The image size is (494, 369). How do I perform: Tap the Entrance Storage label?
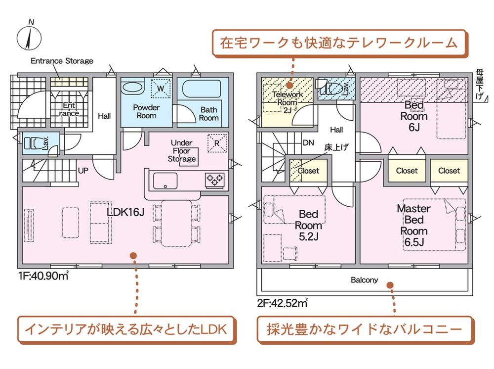(x=62, y=60)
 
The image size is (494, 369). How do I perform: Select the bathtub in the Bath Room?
(x=202, y=89)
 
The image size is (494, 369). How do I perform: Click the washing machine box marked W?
(x=161, y=89)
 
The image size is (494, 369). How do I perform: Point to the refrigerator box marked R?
(x=217, y=143)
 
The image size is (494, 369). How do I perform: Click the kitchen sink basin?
(x=165, y=181)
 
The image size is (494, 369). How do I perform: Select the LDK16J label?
(x=125, y=212)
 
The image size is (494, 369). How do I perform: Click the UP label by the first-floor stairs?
(x=83, y=171)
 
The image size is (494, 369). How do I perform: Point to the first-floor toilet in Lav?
(x=36, y=143)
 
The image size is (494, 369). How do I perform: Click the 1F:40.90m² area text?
(x=43, y=276)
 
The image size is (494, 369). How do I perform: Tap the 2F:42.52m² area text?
(x=282, y=303)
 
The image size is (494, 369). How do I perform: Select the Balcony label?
(x=364, y=280)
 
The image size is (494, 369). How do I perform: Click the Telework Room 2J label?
(x=288, y=102)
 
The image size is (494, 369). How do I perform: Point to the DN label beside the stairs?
(x=308, y=143)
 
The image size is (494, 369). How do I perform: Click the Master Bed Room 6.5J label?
(x=413, y=225)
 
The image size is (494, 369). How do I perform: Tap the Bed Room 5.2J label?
(x=308, y=225)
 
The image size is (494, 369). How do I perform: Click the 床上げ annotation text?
(x=336, y=147)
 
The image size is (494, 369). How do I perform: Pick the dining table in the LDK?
(x=177, y=223)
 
